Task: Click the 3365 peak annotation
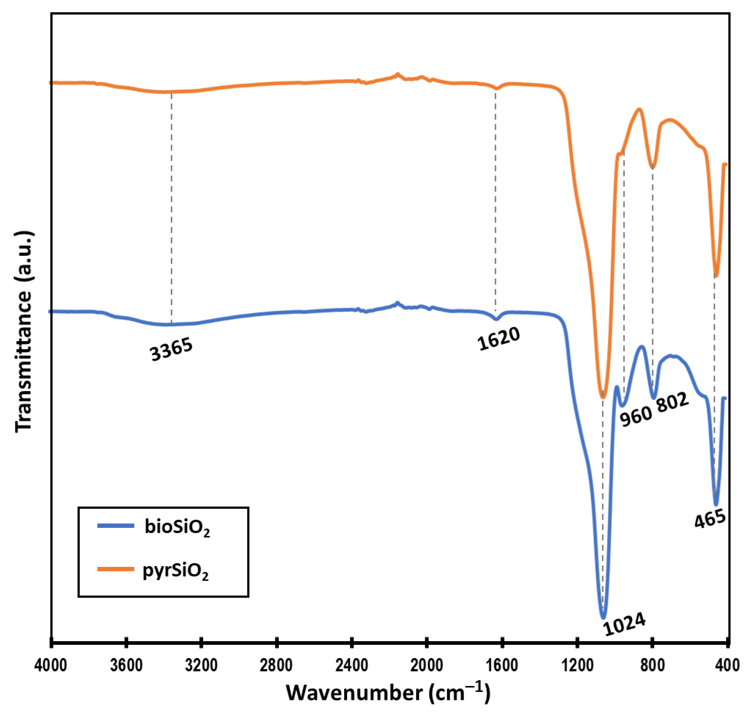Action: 171,350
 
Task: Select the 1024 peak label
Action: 624,624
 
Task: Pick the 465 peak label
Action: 710,519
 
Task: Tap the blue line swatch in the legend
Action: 116,526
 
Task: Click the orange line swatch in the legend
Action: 116,569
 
